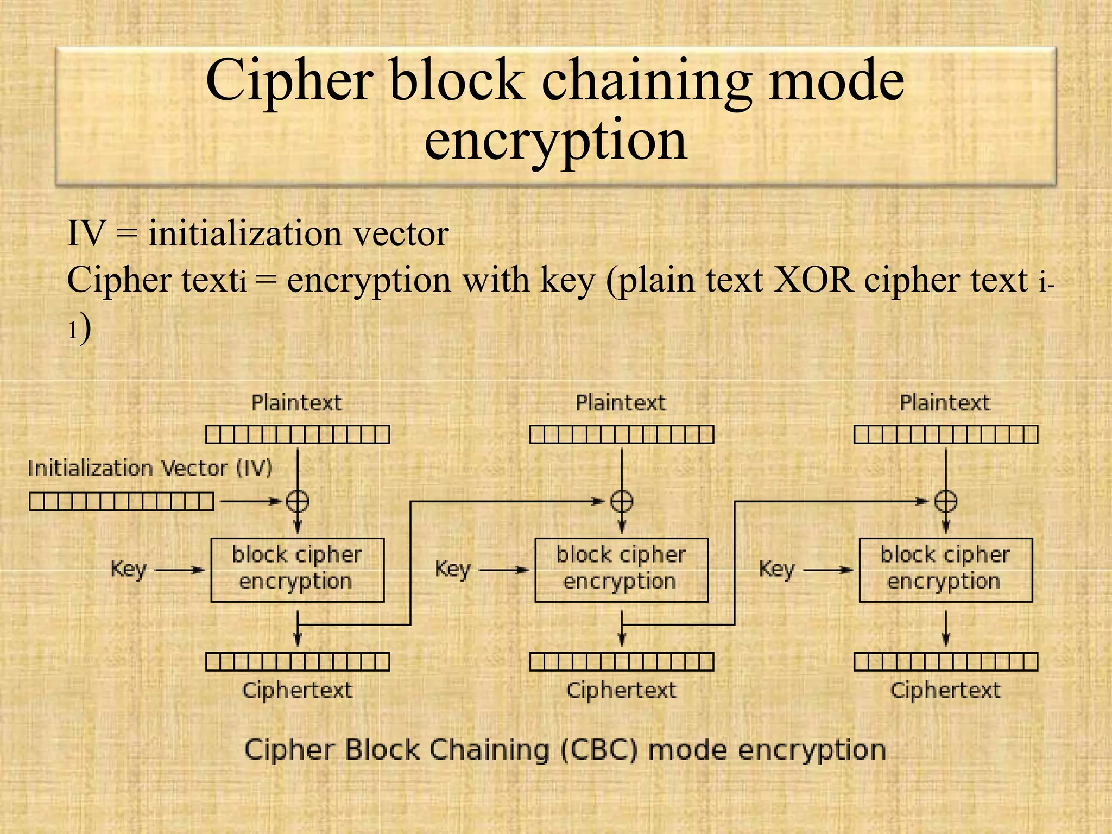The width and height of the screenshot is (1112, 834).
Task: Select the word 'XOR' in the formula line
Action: point(813,281)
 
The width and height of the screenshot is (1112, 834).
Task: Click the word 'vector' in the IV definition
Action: point(401,234)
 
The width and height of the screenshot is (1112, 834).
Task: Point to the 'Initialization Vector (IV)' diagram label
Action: point(150,468)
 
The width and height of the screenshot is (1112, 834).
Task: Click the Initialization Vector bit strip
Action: point(121,501)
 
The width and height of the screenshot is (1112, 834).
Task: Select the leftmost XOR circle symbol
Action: point(298,501)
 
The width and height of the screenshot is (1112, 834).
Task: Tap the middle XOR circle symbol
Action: point(622,501)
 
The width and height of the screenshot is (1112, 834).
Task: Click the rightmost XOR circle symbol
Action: point(946,501)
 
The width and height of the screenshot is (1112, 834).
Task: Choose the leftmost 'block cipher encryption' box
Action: point(298,570)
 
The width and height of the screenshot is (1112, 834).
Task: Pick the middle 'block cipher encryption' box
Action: point(622,570)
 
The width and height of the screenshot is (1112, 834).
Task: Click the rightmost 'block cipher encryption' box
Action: point(946,570)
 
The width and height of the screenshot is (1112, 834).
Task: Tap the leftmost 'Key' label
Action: point(129,570)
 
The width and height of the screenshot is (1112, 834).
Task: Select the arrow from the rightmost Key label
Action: point(828,570)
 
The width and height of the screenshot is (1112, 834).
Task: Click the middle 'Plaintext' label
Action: point(621,403)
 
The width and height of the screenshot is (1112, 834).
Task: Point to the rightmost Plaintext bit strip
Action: point(946,434)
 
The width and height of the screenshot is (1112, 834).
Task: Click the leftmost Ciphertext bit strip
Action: point(298,662)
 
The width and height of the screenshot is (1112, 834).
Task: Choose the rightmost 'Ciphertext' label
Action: point(945,691)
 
